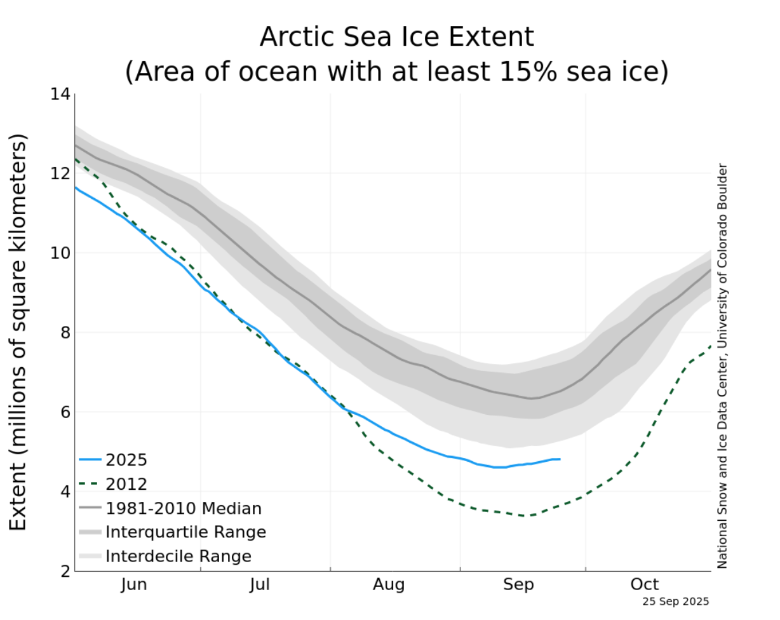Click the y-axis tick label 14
pos(60,95)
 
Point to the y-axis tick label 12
pos(60,173)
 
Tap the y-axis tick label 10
pos(60,253)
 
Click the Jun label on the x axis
pos(133,584)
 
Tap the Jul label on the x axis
pos(260,584)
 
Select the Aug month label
pos(389,584)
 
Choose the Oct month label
pos(645,584)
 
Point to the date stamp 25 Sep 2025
pos(675,601)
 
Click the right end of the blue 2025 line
pos(560,459)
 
